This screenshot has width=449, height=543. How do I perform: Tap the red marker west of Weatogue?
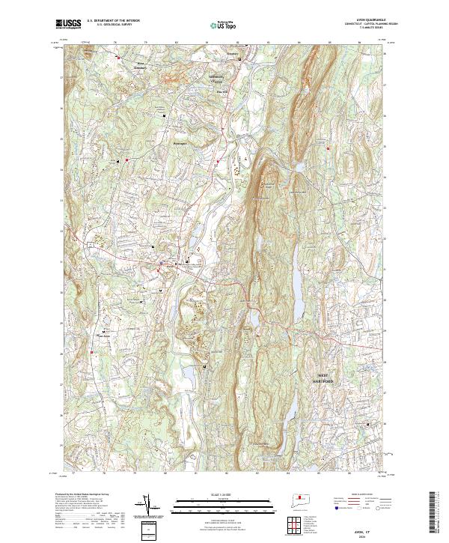[x=128, y=160]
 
